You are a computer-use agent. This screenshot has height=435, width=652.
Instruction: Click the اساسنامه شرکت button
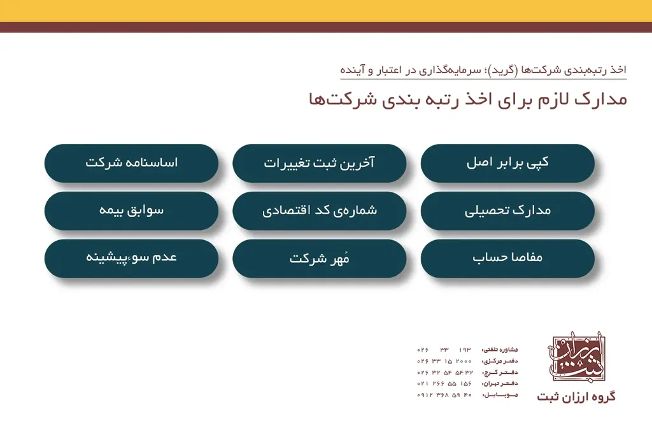click(x=131, y=163)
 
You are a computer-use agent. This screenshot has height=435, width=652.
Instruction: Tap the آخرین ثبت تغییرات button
click(x=319, y=163)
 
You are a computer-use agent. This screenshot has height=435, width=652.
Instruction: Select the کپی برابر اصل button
click(x=507, y=163)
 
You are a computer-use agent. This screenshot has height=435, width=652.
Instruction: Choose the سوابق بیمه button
click(x=131, y=211)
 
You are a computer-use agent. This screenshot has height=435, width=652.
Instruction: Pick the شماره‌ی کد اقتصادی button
click(x=319, y=211)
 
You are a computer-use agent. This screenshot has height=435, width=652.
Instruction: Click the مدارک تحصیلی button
click(x=507, y=211)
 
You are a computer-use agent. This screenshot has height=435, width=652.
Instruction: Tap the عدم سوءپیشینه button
click(x=131, y=258)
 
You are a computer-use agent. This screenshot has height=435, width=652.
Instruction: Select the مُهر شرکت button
click(x=319, y=258)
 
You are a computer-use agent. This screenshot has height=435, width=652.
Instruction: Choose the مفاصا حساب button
click(x=507, y=258)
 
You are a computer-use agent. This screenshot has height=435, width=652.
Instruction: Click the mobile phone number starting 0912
click(x=444, y=395)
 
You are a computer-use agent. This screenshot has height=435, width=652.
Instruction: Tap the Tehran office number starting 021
click(x=444, y=383)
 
